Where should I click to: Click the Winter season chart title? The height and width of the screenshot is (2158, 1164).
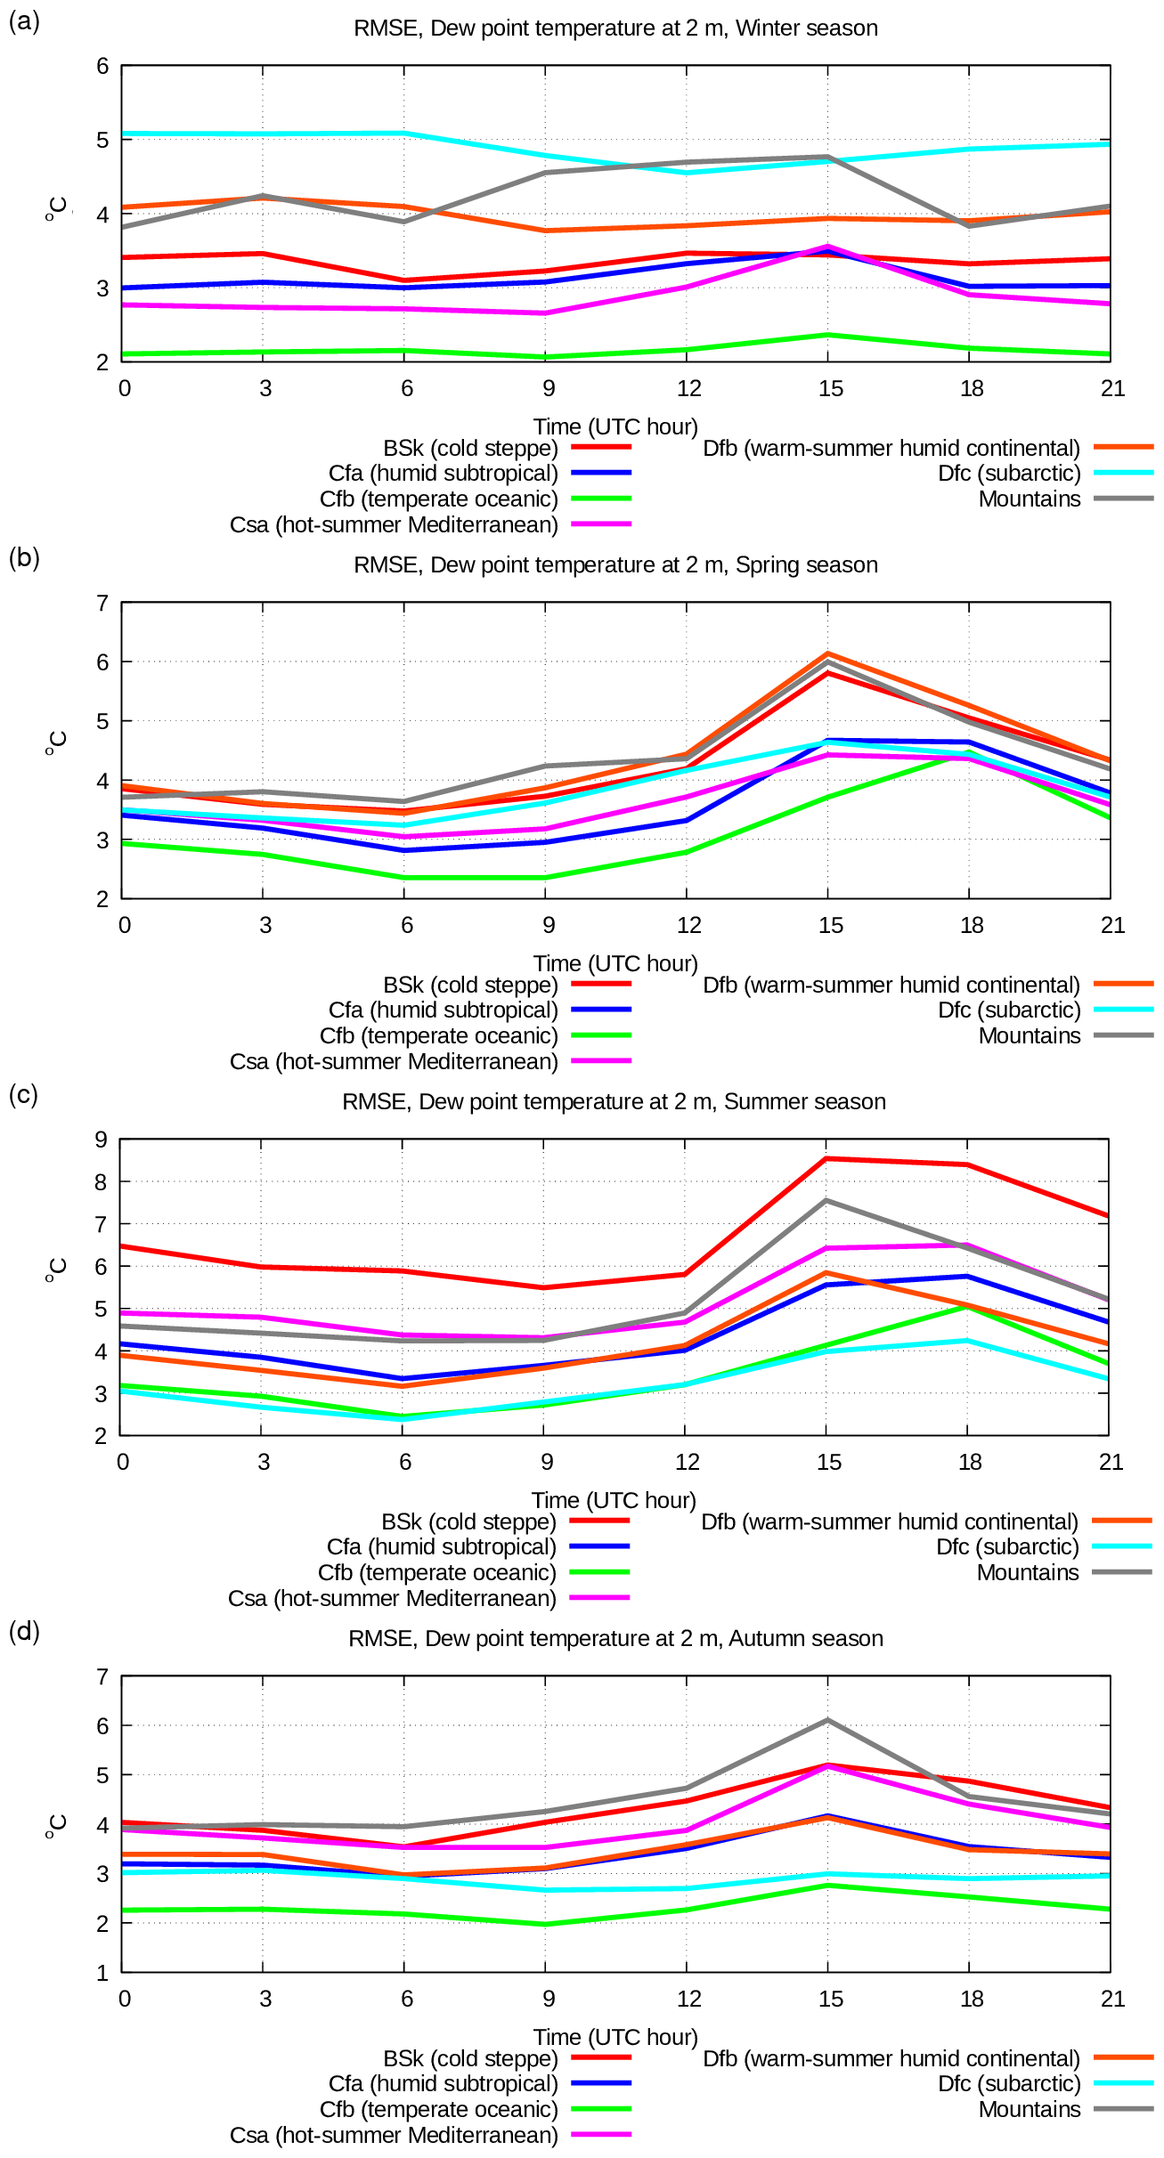coord(615,28)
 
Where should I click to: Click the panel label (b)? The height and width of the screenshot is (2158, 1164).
coord(24,557)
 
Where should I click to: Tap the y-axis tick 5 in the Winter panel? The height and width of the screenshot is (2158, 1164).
coord(103,140)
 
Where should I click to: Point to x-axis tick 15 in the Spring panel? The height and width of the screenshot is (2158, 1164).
coord(830,925)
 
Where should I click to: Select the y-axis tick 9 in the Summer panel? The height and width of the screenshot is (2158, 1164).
coord(102,1140)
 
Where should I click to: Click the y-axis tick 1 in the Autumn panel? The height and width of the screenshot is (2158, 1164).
coord(103,1973)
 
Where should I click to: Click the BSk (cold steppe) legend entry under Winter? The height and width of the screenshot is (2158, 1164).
coord(470,448)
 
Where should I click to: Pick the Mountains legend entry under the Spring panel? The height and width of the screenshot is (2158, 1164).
coord(1030,1035)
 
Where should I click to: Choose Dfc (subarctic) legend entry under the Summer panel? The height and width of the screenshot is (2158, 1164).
coord(1007,1546)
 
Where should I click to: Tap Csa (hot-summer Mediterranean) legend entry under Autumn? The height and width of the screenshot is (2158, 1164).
coord(394,2135)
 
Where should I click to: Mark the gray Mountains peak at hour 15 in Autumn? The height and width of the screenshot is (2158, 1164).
coord(827,1720)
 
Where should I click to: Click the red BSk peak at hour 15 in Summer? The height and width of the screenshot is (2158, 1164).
coord(826,1158)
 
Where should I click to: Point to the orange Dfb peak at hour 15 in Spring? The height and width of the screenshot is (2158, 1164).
coord(827,654)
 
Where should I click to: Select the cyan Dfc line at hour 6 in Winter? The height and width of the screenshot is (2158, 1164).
coord(404,134)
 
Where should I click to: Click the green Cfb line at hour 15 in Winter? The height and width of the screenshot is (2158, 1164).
coord(827,335)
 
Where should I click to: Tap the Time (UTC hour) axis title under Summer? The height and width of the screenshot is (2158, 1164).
coord(614,1500)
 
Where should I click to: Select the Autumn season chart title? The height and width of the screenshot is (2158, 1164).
coord(615,1638)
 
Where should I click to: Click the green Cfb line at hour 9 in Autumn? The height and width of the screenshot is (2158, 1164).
coord(545,1924)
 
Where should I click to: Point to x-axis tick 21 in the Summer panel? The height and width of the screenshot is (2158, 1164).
coord(1111,1462)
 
